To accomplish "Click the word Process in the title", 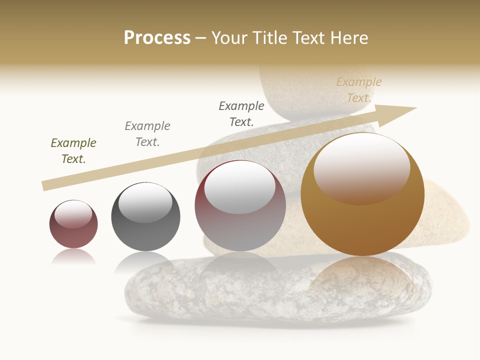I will pyautogui.click(x=157, y=38).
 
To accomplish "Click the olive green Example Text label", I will pyautogui.click(x=73, y=151).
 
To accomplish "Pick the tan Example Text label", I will pyautogui.click(x=359, y=90).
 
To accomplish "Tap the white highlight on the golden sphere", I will pyautogui.click(x=361, y=167).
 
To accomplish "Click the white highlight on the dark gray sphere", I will pyautogui.click(x=145, y=201).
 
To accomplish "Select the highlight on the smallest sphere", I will pyautogui.click(x=73, y=214).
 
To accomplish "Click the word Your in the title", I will pyautogui.click(x=230, y=38).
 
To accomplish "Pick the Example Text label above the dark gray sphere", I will pyautogui.click(x=147, y=134).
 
